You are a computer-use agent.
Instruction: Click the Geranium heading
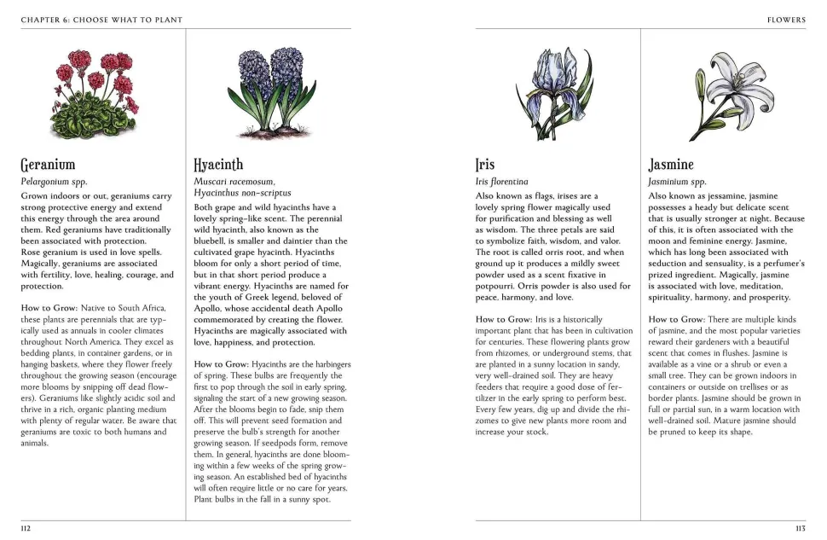click(x=48, y=164)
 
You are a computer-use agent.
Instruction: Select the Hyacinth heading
click(x=218, y=164)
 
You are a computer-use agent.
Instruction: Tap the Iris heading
click(x=484, y=164)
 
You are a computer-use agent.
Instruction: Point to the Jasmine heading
click(x=671, y=164)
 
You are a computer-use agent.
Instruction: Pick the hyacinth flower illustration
click(x=269, y=85)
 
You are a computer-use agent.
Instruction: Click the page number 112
click(x=26, y=528)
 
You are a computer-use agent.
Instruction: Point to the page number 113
click(x=800, y=528)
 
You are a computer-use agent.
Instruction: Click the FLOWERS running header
click(x=786, y=20)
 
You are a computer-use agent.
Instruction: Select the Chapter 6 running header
click(x=101, y=20)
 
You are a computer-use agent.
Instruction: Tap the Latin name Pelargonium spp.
click(x=55, y=182)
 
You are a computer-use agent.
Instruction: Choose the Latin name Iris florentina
click(x=501, y=182)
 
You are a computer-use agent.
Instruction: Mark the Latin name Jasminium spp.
click(x=677, y=182)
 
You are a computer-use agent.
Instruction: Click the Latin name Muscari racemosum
click(x=234, y=182)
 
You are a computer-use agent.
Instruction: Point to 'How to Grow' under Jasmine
click(x=674, y=319)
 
